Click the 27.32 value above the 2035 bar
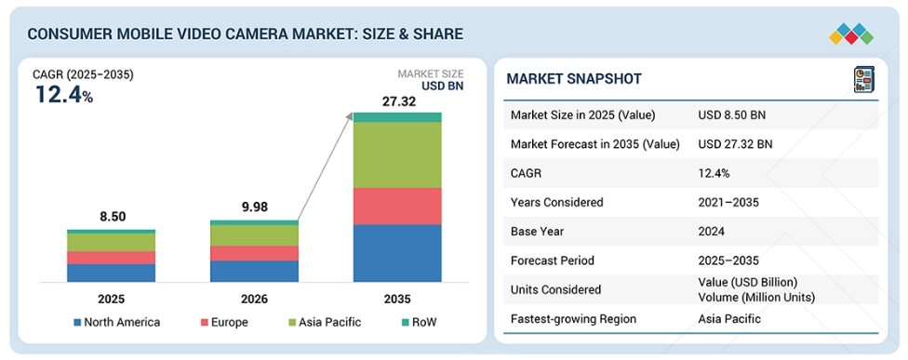[397, 102]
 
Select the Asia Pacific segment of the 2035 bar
[397, 155]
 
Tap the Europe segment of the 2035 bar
[397, 206]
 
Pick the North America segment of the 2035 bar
[397, 253]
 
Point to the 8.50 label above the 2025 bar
[112, 217]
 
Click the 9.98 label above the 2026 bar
[254, 207]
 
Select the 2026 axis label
[254, 300]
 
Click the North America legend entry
[116, 323]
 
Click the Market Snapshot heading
[574, 79]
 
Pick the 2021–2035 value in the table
[728, 203]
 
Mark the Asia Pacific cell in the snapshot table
[729, 319]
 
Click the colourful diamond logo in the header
[851, 34]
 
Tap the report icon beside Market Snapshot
[864, 79]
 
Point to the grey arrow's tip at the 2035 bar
[352, 113]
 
